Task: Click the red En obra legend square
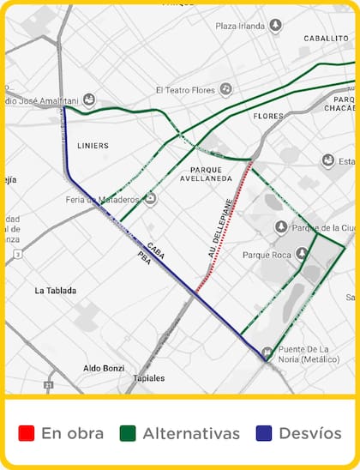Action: pyautogui.click(x=26, y=433)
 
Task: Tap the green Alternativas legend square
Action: pyautogui.click(x=128, y=433)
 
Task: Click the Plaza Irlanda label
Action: pyautogui.click(x=238, y=26)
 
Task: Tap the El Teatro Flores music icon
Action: pyautogui.click(x=225, y=88)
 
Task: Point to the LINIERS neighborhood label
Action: pyautogui.click(x=93, y=146)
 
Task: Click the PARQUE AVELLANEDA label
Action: pyautogui.click(x=207, y=175)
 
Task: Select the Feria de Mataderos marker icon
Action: pyautogui.click(x=151, y=199)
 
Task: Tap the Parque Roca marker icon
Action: pyautogui.click(x=302, y=254)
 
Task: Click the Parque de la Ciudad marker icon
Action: pyautogui.click(x=281, y=226)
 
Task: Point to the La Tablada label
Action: pyautogui.click(x=56, y=291)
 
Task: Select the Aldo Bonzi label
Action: pyautogui.click(x=104, y=368)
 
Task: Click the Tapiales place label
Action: pyautogui.click(x=149, y=377)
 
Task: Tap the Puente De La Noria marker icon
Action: pyautogui.click(x=267, y=352)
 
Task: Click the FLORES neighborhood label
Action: pyautogui.click(x=268, y=116)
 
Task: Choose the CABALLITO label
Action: pyautogui.click(x=326, y=39)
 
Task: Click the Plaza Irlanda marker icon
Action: pyautogui.click(x=275, y=26)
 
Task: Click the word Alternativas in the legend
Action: pyautogui.click(x=191, y=433)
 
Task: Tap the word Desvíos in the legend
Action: pyautogui.click(x=310, y=433)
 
